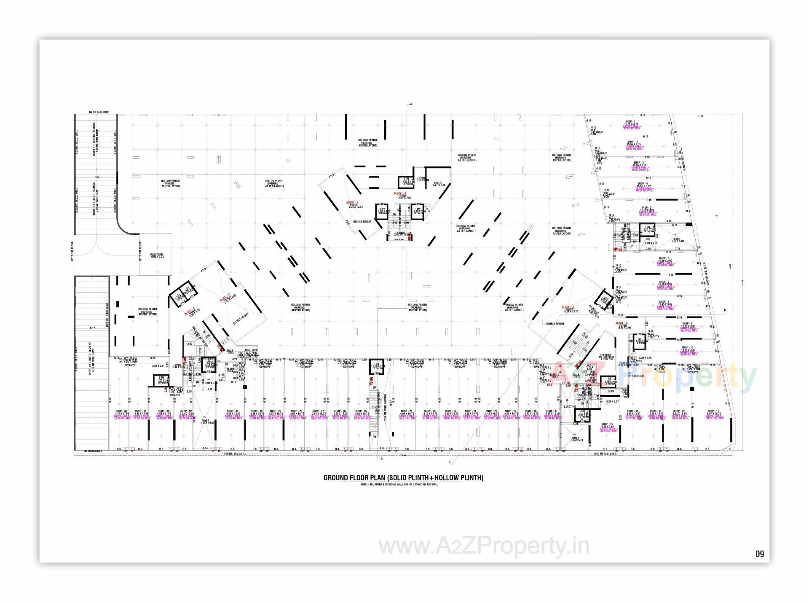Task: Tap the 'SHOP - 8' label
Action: point(663,302)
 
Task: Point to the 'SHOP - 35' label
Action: point(121,411)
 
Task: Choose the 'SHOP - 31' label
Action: point(233,411)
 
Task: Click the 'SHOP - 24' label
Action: point(406,411)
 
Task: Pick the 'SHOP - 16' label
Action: point(607,424)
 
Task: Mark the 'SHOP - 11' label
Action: point(713,411)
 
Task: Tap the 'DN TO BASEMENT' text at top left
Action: point(99,113)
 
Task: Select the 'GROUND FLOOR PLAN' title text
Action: point(403,478)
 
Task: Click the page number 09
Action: point(759,554)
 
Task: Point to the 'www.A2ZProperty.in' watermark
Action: point(484,547)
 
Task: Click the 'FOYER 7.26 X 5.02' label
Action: point(675,240)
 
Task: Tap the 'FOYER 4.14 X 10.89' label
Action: point(205,421)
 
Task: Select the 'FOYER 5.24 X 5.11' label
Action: point(576,439)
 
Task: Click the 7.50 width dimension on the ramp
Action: point(96,177)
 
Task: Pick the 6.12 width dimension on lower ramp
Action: point(92,328)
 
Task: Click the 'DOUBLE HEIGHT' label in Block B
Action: point(362,221)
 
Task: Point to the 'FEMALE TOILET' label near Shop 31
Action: point(231,369)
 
